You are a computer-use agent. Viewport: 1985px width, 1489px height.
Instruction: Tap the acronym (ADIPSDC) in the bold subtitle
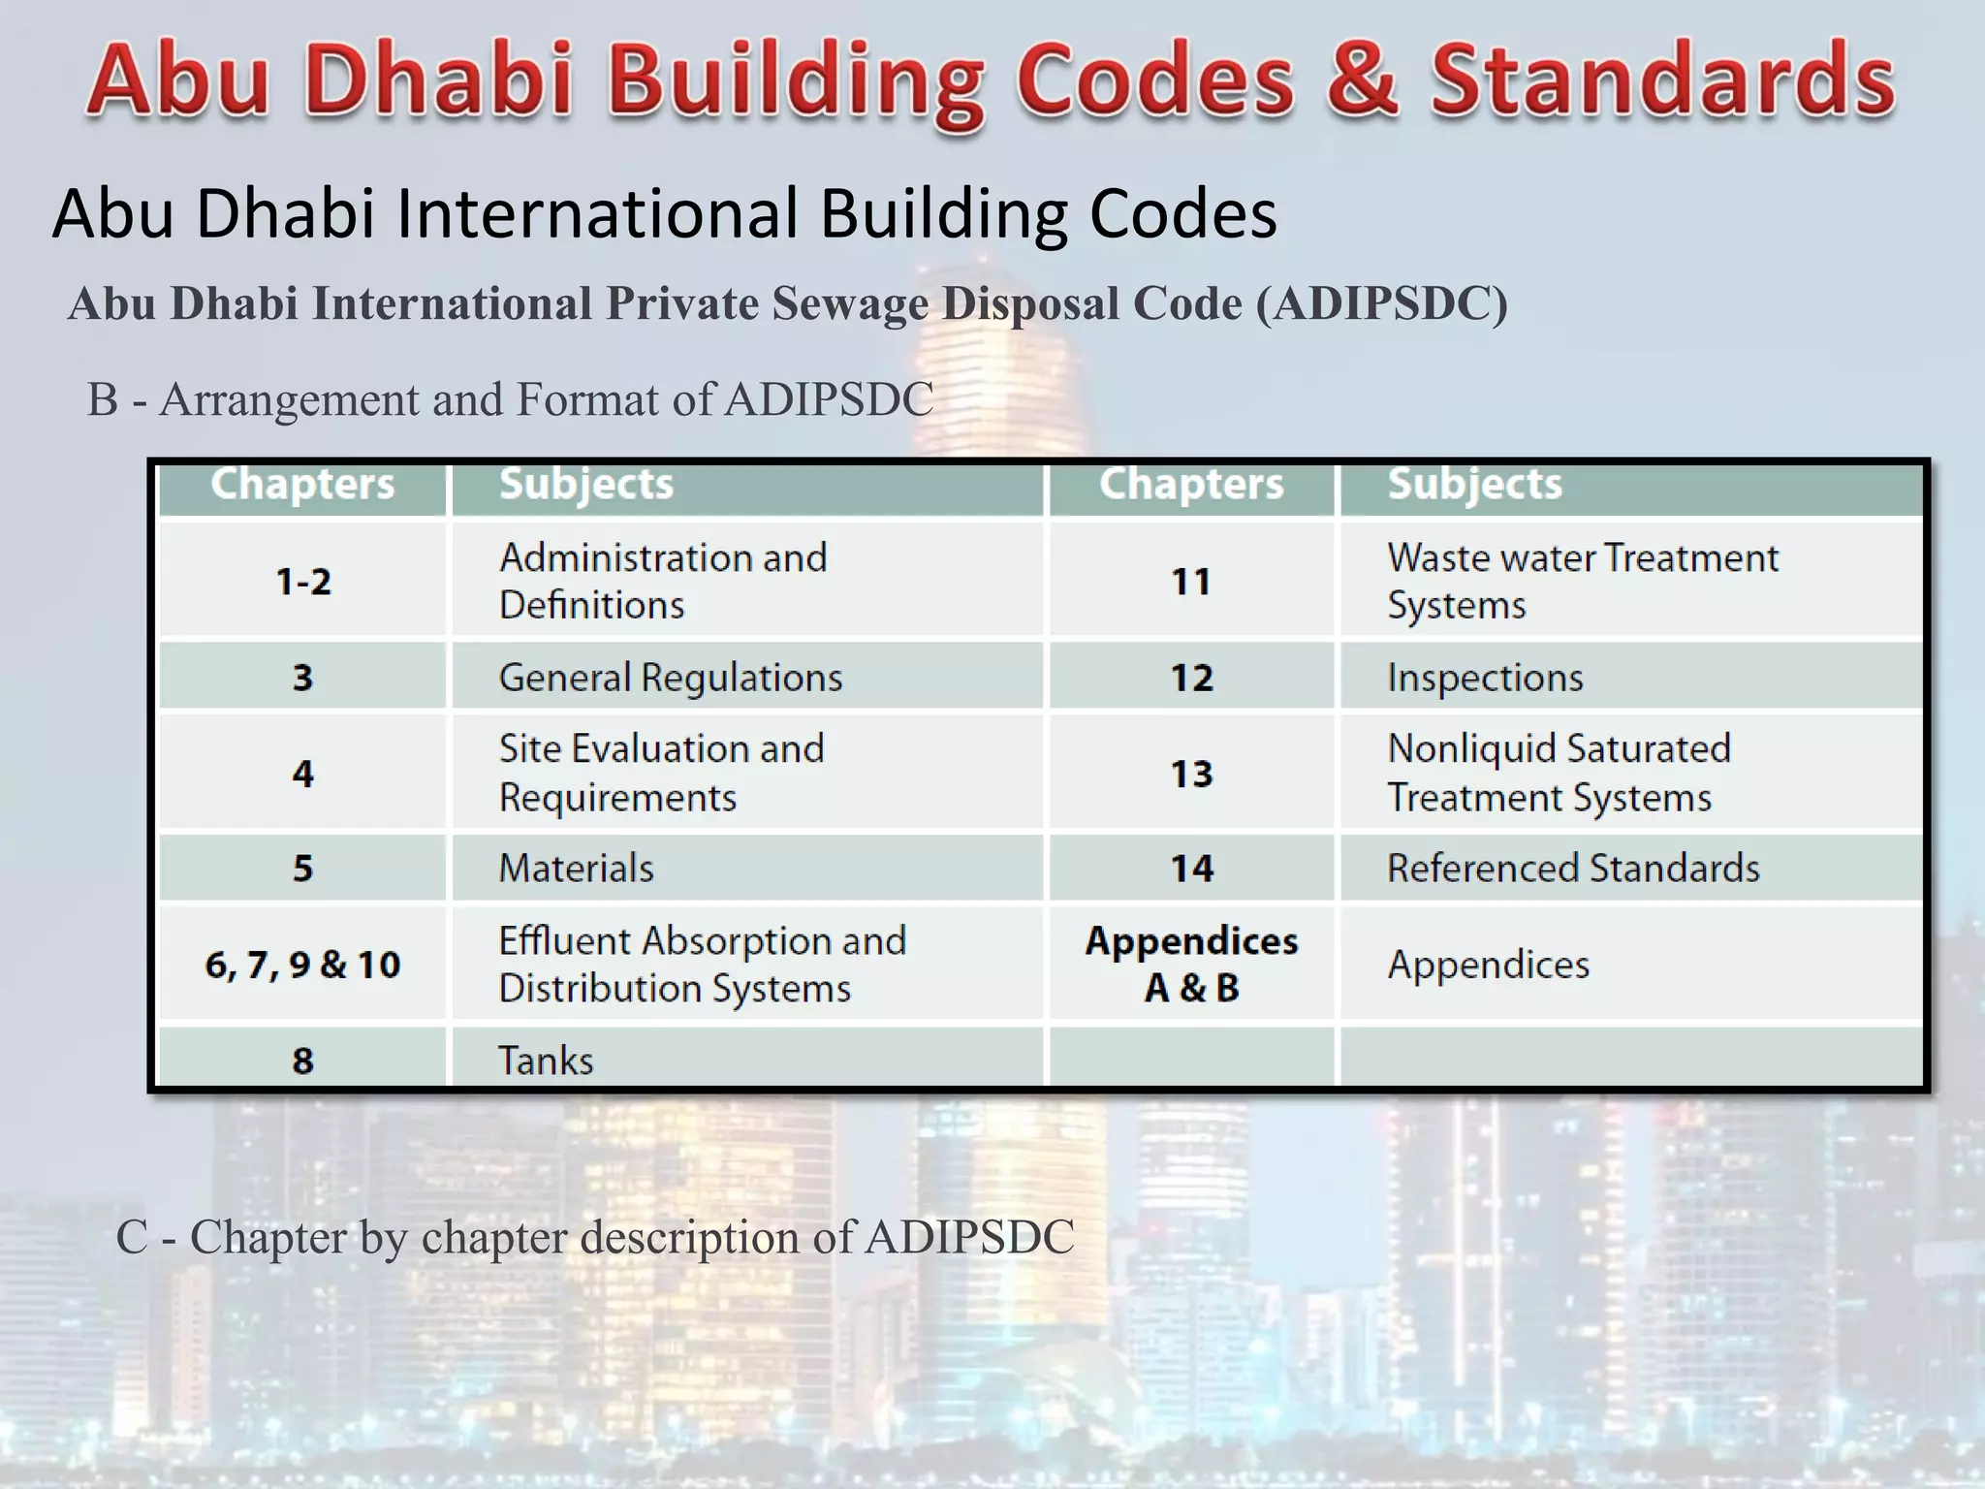click(x=1382, y=303)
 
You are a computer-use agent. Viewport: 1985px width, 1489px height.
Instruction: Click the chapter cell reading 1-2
click(x=303, y=582)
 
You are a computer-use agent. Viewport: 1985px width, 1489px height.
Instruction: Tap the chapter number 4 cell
click(x=303, y=774)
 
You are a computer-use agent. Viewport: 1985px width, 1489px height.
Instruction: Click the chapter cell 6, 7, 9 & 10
click(x=303, y=965)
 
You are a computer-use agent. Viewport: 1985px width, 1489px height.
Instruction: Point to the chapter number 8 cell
click(x=303, y=1061)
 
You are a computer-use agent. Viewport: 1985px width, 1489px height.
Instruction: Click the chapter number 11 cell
click(x=1191, y=582)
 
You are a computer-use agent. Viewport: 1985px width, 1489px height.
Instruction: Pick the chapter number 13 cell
click(x=1191, y=774)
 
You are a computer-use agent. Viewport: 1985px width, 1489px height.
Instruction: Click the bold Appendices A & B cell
click(x=1191, y=965)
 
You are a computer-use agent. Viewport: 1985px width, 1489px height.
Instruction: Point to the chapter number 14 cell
click(x=1191, y=869)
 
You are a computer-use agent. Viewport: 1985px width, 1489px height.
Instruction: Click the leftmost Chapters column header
click(x=303, y=484)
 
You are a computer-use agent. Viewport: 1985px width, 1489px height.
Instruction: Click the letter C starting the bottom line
click(x=132, y=1238)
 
